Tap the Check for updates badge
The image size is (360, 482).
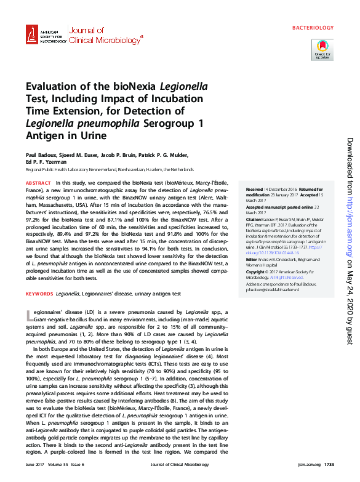[322, 49]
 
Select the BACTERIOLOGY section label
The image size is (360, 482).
[313, 28]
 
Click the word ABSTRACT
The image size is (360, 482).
[38, 183]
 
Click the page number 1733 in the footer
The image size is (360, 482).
[329, 464]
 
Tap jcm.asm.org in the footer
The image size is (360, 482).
[305, 464]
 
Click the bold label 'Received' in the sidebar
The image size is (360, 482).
[254, 189]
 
